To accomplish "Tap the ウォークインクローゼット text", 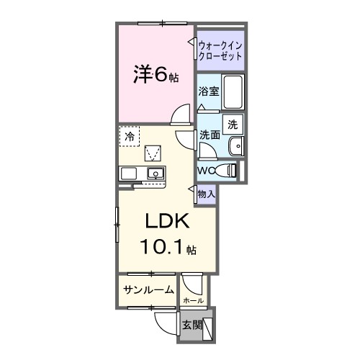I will (220, 50).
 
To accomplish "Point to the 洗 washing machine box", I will (233, 124).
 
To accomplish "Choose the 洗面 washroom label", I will (210, 134).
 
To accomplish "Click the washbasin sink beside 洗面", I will (235, 147).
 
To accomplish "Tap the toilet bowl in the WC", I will (228, 170).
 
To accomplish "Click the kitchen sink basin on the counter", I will (155, 173).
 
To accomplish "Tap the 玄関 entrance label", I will (191, 324).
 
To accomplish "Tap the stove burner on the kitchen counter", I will (129, 173).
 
